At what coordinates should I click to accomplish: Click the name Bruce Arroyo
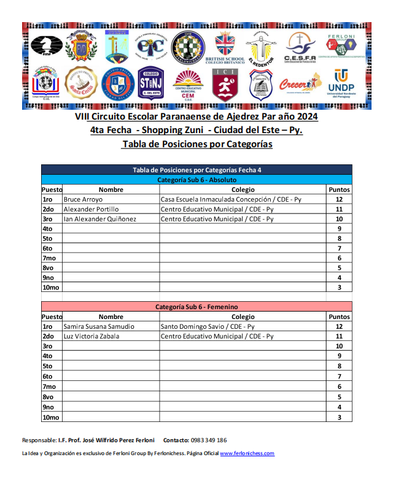click(x=84, y=199)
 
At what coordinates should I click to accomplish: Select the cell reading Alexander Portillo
click(x=91, y=209)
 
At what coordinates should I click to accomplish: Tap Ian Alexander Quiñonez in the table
click(x=100, y=219)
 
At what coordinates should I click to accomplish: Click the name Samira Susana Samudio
click(x=99, y=326)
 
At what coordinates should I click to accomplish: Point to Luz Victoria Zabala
click(x=91, y=336)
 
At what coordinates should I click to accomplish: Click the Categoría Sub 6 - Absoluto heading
click(x=196, y=180)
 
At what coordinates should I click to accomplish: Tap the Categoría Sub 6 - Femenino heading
click(x=196, y=306)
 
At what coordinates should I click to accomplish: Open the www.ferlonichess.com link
click(x=247, y=453)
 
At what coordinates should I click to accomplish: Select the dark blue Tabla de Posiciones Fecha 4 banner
click(x=196, y=170)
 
